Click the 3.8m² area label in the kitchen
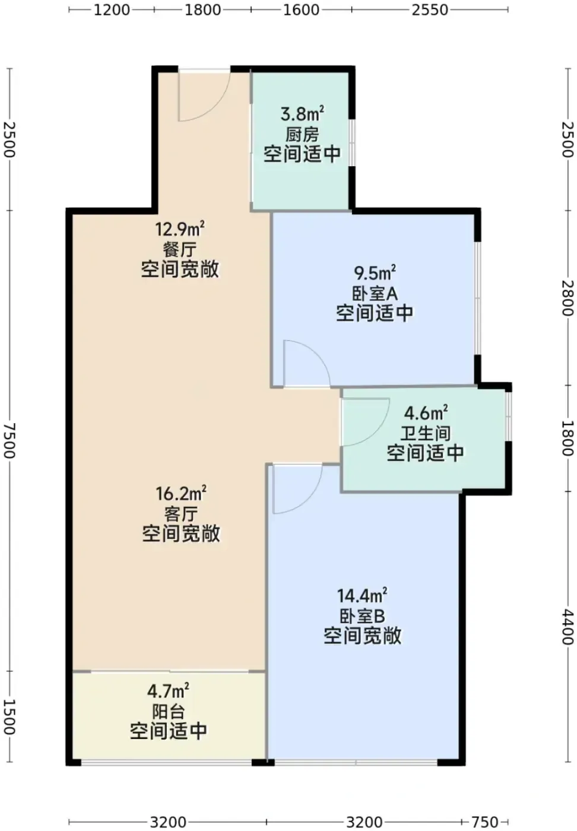pos(302,113)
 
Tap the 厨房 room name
pos(302,135)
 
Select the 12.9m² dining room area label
pos(180,229)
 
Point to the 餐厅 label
pos(180,250)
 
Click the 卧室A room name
pos(375,294)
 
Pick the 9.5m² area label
pos(375,272)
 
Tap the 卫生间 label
pos(426,433)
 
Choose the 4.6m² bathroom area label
pos(426,412)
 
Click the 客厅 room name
pos(181,514)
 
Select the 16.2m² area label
pos(181,493)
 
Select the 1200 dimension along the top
pos(112,10)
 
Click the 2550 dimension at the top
pos(430,10)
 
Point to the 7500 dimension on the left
pos(10,440)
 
